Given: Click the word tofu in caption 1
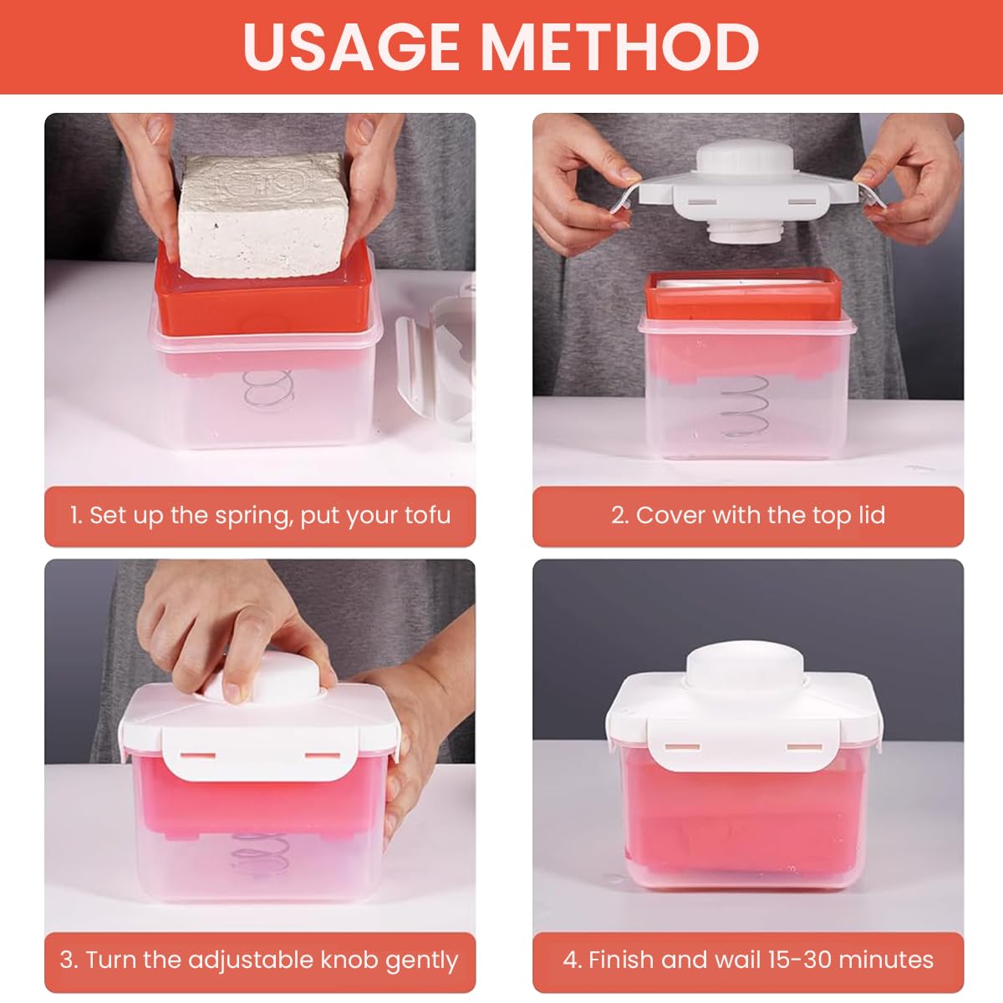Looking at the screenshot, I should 427,515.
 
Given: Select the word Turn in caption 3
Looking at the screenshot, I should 110,960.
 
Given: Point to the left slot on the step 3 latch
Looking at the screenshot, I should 197,755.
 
